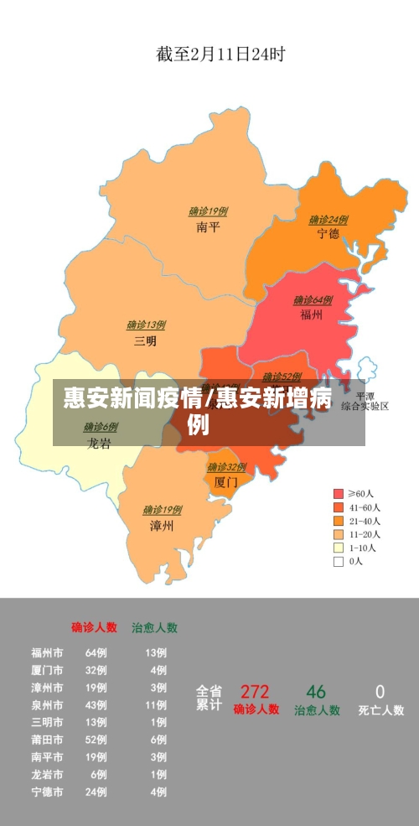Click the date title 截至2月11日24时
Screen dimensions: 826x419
pos(220,55)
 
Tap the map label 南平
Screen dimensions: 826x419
pos(208,227)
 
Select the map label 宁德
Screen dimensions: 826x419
pos(328,234)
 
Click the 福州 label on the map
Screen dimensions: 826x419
pos(311,314)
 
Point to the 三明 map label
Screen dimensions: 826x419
pos(145,340)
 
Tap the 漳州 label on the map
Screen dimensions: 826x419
pos(161,526)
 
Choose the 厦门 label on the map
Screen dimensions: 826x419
pos(225,482)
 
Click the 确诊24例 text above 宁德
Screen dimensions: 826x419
pos(328,220)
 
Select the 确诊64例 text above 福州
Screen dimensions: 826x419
pos(312,300)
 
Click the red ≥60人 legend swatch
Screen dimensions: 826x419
pos(339,494)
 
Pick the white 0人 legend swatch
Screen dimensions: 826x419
pos(339,561)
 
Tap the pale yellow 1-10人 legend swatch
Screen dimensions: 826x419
pos(339,548)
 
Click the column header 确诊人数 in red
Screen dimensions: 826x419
pos(94,626)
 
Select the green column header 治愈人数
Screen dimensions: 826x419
pos(154,626)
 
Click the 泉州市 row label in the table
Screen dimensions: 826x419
pos(47,704)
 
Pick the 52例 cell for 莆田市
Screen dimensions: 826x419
pos(96,740)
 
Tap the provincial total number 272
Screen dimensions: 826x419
pos(255,692)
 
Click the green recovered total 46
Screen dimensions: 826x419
pos(316,692)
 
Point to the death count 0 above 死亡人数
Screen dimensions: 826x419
pos(380,692)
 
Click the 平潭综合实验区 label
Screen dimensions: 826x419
pos(365,401)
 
